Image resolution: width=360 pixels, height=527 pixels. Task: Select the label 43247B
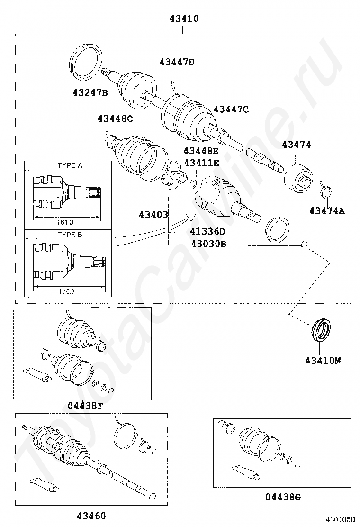click(90, 93)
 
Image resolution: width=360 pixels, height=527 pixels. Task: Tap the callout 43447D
click(177, 62)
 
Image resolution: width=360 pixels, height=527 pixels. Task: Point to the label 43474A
click(327, 211)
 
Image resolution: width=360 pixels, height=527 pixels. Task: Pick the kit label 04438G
click(283, 497)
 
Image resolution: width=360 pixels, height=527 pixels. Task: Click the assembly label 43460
click(91, 516)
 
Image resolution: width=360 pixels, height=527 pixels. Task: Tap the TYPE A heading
click(70, 165)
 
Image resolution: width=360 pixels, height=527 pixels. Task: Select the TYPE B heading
click(70, 235)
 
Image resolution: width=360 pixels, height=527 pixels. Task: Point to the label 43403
click(153, 215)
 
